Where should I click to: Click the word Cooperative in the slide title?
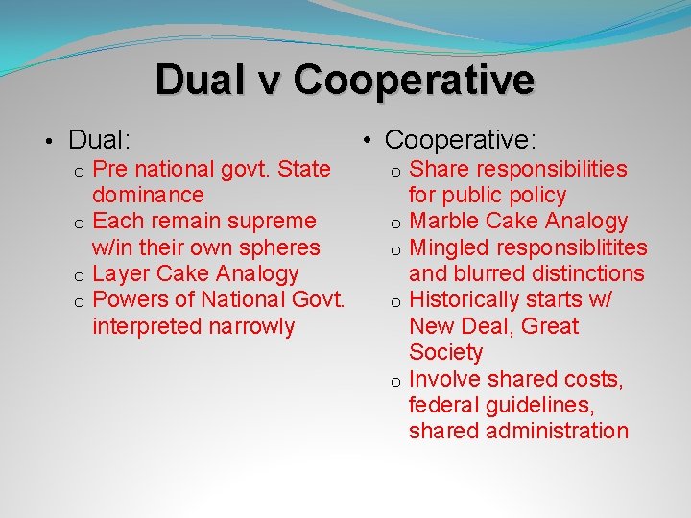pyautogui.click(x=415, y=80)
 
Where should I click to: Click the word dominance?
pyautogui.click(x=148, y=195)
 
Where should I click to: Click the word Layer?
pyautogui.click(x=120, y=273)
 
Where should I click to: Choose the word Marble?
pyautogui.click(x=444, y=222)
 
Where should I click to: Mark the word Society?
pyautogui.click(x=446, y=352)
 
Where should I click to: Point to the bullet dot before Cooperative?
pyautogui.click(x=369, y=142)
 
